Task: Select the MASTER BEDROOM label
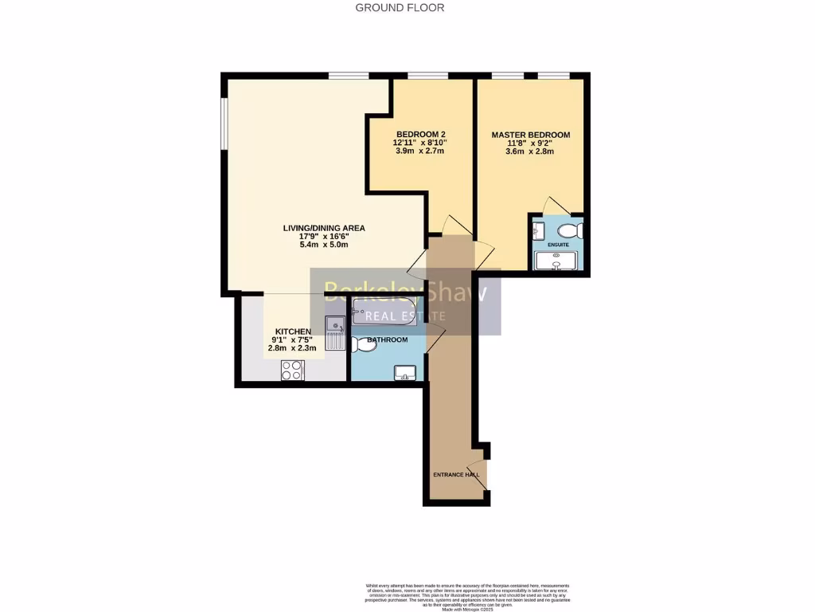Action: coord(530,135)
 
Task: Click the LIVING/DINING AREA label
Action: coord(324,228)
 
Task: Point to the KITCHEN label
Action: coord(293,331)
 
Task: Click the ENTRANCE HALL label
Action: coord(456,475)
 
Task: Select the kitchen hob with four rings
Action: coord(292,370)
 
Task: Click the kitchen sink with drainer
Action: coord(334,332)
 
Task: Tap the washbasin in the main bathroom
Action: coord(404,372)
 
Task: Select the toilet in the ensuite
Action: coord(574,231)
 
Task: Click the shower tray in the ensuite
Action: coord(557,261)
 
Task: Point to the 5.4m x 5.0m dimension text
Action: coord(324,245)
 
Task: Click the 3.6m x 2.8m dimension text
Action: coord(530,151)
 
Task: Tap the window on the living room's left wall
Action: coord(224,123)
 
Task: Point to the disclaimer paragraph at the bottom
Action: coord(466,594)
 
